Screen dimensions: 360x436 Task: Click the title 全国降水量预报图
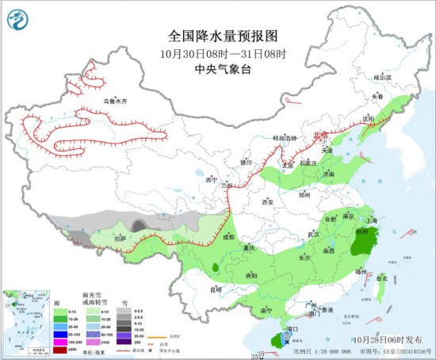pyautogui.click(x=224, y=36)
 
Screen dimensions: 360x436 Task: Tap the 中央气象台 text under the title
pyautogui.click(x=224, y=68)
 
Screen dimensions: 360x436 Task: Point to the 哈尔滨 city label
pyautogui.click(x=384, y=78)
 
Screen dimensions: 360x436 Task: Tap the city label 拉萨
pyautogui.click(x=119, y=238)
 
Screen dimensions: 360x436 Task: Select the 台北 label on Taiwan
pyautogui.click(x=382, y=278)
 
